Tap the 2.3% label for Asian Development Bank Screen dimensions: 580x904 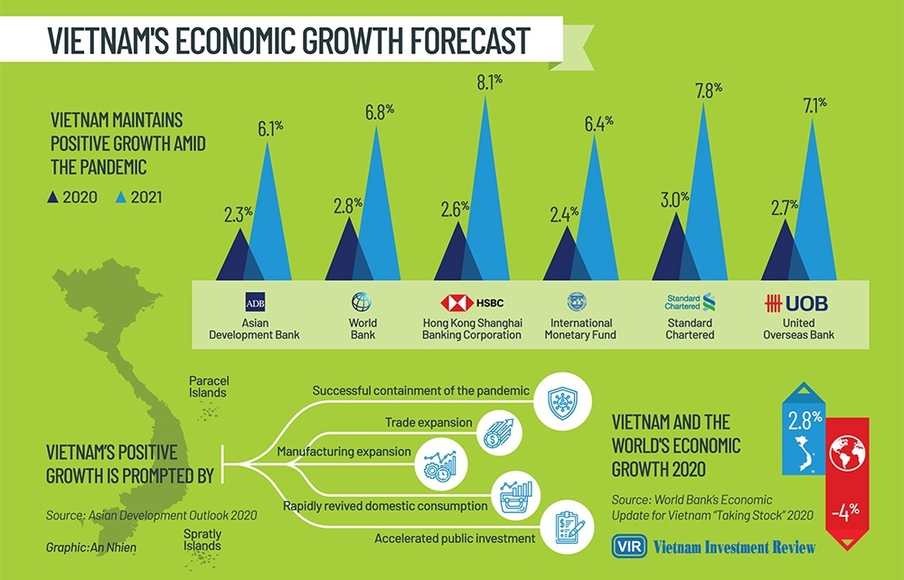point(240,213)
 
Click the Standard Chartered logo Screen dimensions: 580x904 point(690,301)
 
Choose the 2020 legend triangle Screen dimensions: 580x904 point(53,196)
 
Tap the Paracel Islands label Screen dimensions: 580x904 point(207,387)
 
